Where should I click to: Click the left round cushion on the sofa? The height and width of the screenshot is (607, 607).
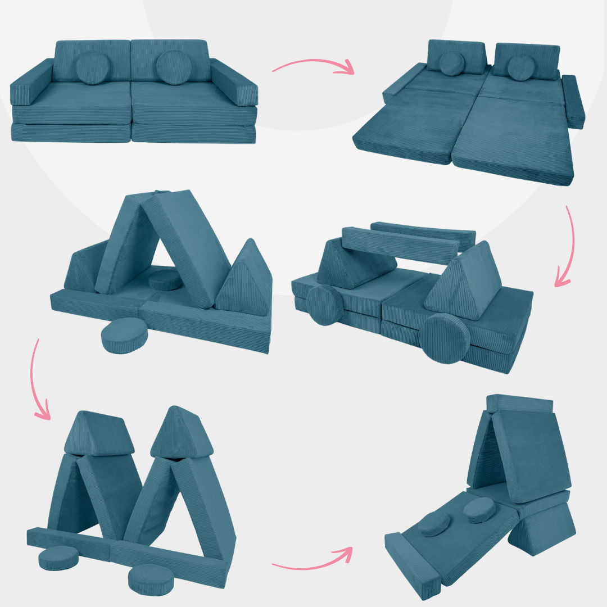91,68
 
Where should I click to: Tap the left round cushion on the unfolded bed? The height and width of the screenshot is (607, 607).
451,63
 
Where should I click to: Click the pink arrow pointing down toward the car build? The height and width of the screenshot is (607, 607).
568,247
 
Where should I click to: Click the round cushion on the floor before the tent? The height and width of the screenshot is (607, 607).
124,336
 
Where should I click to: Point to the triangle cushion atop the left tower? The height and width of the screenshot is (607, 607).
99,433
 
